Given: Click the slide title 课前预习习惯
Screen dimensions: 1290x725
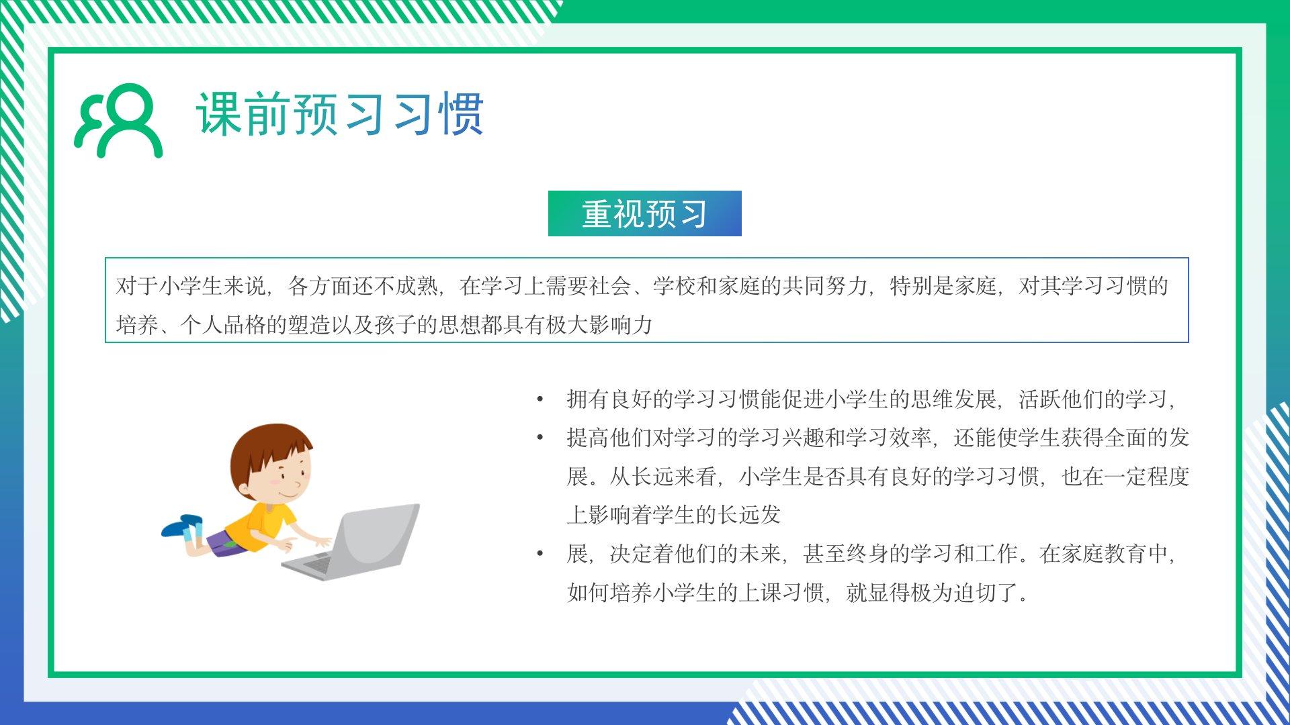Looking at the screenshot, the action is point(340,114).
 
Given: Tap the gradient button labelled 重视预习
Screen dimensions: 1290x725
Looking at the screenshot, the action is point(645,213).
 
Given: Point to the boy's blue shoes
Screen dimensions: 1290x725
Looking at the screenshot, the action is point(182,526).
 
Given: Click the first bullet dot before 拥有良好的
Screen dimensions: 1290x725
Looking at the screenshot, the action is point(540,400).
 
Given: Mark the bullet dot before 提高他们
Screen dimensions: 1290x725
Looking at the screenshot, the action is point(540,438).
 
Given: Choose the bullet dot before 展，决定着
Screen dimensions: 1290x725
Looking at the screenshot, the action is point(540,554).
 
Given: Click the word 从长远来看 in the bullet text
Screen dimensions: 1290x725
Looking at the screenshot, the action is point(663,477).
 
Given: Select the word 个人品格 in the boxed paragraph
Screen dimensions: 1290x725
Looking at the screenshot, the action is point(224,325).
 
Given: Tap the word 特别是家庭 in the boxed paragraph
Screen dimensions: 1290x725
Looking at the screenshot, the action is point(943,286).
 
